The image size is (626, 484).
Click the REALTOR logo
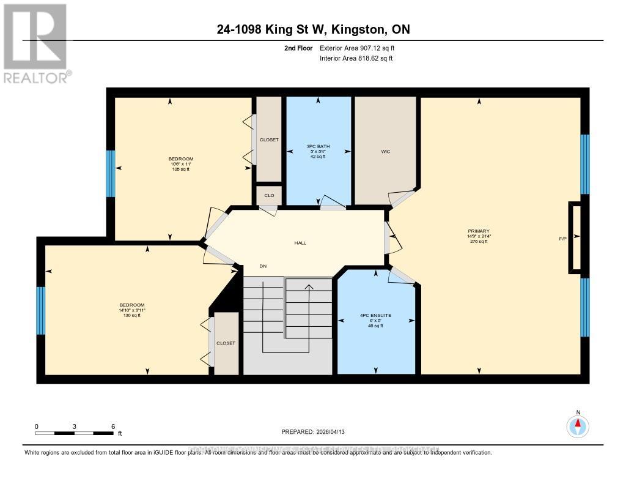click(x=35, y=43)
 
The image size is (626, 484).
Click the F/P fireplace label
click(x=563, y=237)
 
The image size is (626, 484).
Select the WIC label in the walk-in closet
click(x=385, y=151)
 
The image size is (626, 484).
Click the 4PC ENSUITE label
click(x=375, y=316)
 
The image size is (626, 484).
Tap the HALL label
click(x=300, y=243)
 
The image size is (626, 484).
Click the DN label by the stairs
click(x=263, y=266)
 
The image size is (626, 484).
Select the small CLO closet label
click(x=269, y=195)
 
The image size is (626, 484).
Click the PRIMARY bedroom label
click(x=479, y=231)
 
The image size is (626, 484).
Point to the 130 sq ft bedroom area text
click(x=132, y=315)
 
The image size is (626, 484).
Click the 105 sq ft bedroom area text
click(x=181, y=169)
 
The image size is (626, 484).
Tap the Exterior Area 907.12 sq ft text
click(x=361, y=48)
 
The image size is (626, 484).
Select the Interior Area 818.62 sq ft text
click(x=356, y=58)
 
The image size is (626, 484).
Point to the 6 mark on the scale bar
click(x=113, y=426)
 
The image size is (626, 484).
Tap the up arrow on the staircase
click(x=309, y=286)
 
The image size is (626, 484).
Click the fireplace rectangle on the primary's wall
click(x=575, y=237)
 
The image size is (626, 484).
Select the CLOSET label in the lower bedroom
click(x=226, y=343)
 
